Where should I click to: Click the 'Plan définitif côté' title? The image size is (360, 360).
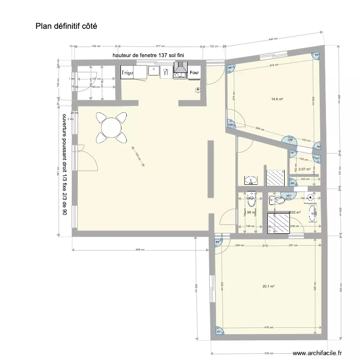coord(66,26)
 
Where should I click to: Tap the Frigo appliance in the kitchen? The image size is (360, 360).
coord(127,72)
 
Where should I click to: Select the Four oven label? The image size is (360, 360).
coord(194,73)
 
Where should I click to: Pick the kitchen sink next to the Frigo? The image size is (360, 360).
coord(154,72)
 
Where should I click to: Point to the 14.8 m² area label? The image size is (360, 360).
coord(276,99)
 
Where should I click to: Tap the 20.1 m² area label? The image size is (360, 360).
coord(268,287)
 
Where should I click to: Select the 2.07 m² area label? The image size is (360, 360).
coord(304,169)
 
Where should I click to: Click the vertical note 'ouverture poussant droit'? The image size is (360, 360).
coord(64,164)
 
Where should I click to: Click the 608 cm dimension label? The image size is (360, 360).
coord(140,250)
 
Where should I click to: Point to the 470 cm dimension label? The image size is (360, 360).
coord(270,328)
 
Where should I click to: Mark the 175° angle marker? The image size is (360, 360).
coord(290,141)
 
